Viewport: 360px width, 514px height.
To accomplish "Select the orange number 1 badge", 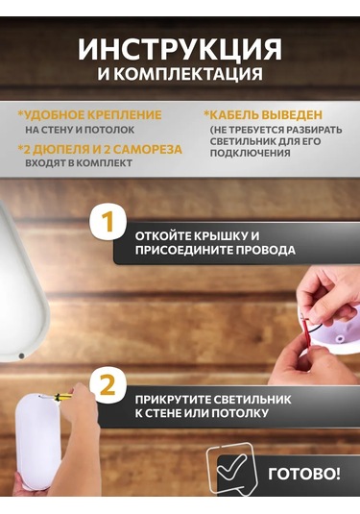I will pos(108,223).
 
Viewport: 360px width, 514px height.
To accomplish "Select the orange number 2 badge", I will pos(108,386).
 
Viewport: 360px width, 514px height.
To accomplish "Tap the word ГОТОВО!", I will pos(303,474).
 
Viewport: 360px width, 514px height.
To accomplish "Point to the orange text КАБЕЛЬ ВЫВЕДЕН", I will pos(268,114).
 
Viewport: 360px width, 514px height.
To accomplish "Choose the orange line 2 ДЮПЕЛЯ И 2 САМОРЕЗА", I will pos(102,148).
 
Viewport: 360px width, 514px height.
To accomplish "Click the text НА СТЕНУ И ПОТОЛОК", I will pos(80,129).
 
